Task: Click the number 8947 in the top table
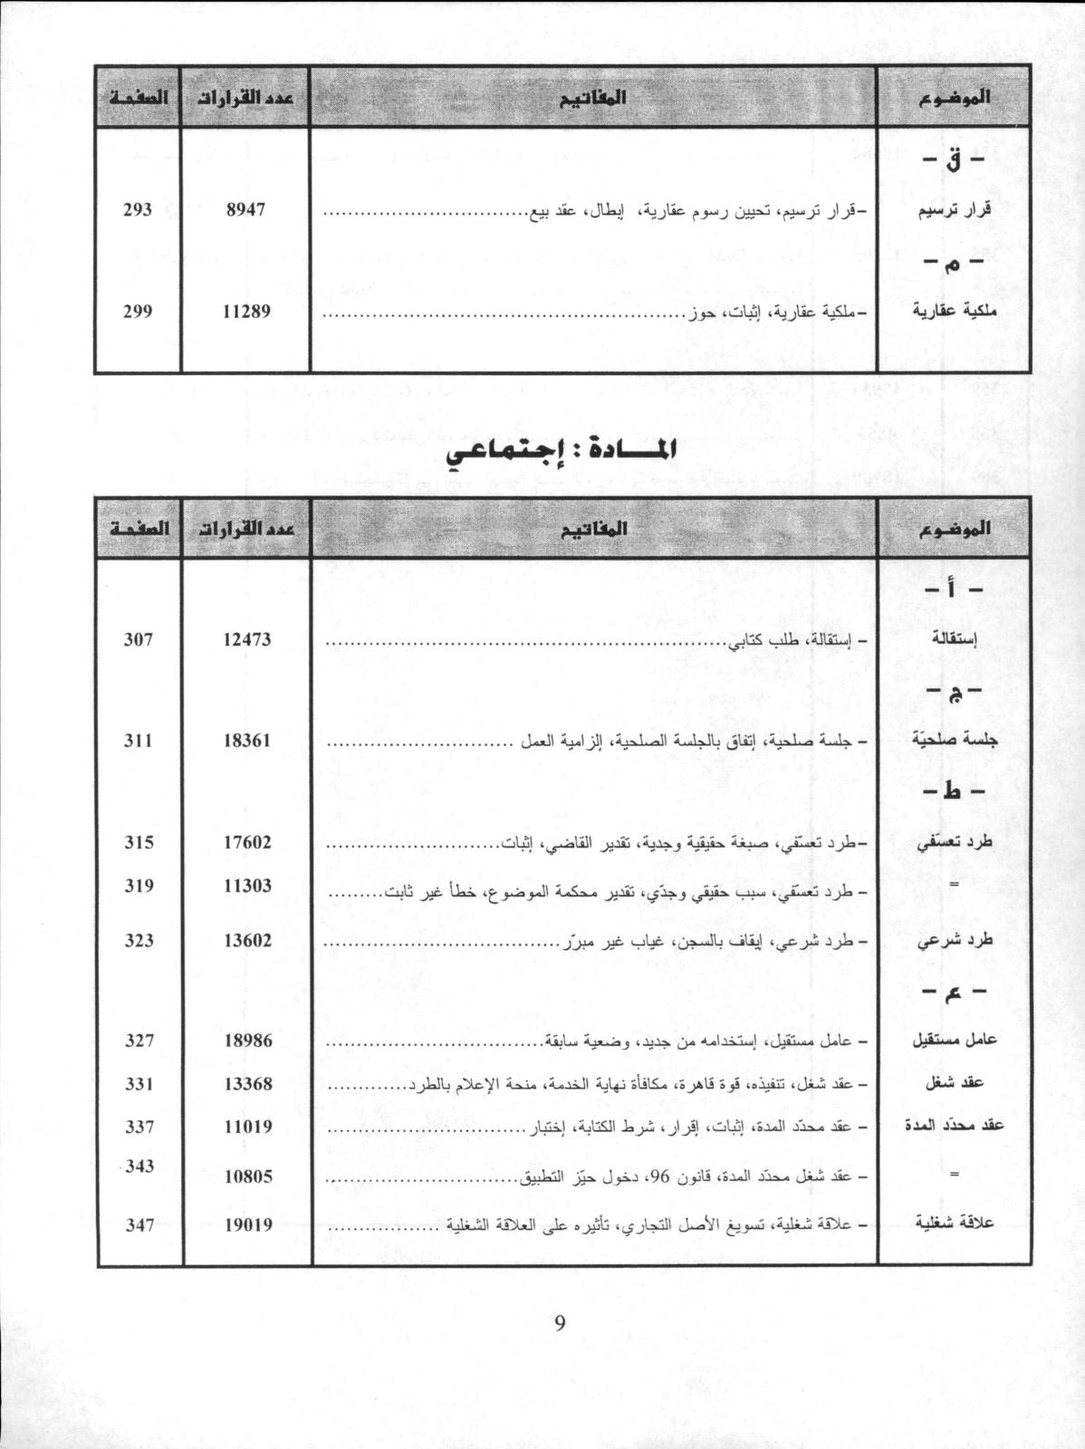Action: [245, 210]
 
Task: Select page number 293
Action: [138, 210]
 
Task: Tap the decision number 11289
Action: [246, 312]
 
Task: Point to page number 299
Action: [138, 312]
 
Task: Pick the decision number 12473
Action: [246, 640]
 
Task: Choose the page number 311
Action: [139, 741]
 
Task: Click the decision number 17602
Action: [246, 842]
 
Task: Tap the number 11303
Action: [246, 886]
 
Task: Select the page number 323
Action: [139, 940]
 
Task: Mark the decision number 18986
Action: [246, 1041]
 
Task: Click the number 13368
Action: [246, 1084]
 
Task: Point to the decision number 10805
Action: [246, 1176]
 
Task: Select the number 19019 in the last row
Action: [246, 1225]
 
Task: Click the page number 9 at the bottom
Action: [559, 1323]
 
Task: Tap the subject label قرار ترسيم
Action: [955, 210]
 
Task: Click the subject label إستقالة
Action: [958, 640]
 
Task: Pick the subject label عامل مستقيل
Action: [954, 1041]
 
